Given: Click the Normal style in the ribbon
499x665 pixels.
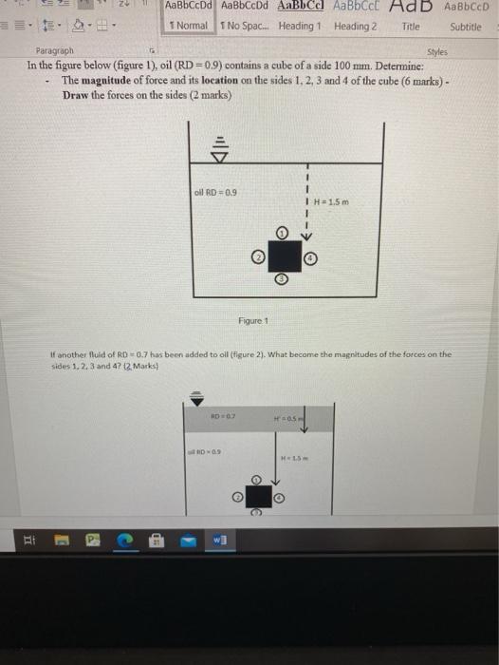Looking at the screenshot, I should (x=187, y=26).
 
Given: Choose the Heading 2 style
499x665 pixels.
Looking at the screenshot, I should (x=356, y=26).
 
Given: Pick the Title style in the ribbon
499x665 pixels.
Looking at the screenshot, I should (x=411, y=26).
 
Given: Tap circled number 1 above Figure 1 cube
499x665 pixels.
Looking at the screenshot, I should (x=282, y=231).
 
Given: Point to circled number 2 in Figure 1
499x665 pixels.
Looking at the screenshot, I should (x=256, y=256).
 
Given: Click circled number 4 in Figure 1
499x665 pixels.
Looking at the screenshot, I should (x=312, y=256).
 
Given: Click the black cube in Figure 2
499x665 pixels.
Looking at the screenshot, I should (x=255, y=496).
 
